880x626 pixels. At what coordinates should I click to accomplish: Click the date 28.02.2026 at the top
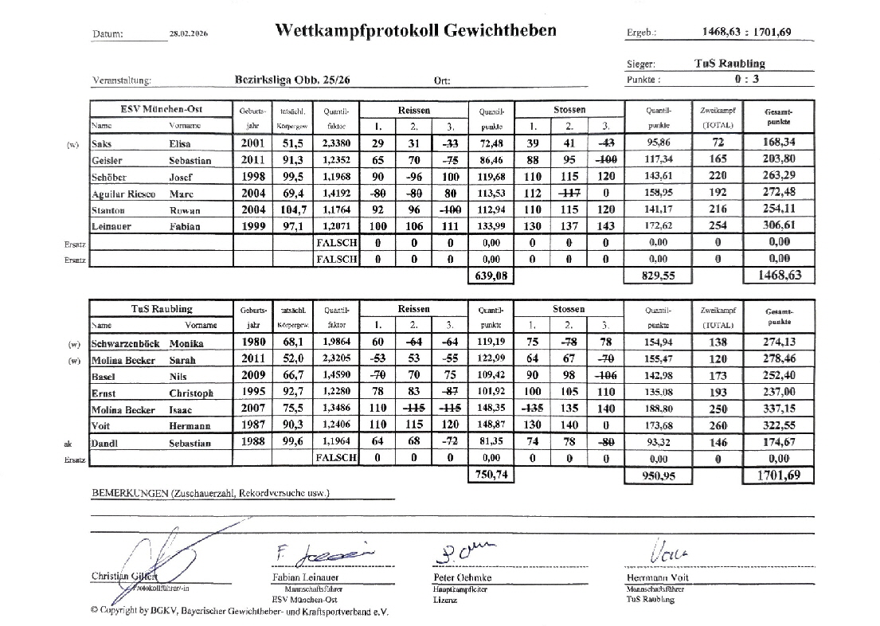pos(189,33)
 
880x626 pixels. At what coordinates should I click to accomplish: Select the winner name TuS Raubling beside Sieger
pos(729,64)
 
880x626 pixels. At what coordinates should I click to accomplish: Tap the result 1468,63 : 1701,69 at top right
pos(747,33)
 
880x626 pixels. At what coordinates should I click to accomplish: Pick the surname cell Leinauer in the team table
pos(114,226)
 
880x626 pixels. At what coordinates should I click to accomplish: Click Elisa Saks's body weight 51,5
pos(284,144)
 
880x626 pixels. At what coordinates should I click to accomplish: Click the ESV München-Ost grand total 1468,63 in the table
pos(778,275)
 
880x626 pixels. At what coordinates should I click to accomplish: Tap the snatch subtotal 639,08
pos(489,276)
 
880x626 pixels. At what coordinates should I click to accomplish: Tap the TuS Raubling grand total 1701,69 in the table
pos(778,475)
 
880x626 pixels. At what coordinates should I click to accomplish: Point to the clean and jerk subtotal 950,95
pos(659,475)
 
